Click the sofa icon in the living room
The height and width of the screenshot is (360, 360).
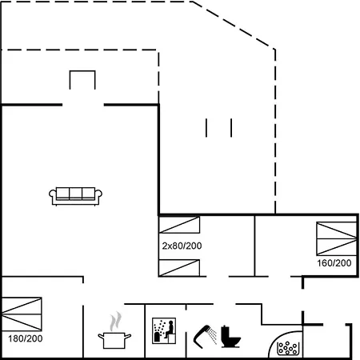click(x=75, y=196)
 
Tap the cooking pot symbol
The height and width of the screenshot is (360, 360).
click(x=114, y=340)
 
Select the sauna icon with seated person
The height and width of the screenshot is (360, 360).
click(x=164, y=330)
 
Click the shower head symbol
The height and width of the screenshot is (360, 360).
click(x=202, y=337)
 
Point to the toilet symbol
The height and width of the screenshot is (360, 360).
click(x=230, y=337)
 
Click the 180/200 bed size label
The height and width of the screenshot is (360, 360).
click(x=26, y=338)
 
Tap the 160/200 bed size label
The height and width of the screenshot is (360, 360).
click(x=334, y=263)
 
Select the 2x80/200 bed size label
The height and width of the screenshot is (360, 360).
click(x=182, y=246)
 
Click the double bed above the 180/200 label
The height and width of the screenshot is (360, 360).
click(x=22, y=314)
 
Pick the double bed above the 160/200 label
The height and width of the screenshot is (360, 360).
click(x=337, y=238)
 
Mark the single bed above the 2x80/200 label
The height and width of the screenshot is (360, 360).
click(x=179, y=225)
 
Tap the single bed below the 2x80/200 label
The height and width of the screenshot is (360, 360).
click(x=179, y=267)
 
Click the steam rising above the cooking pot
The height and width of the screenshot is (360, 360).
click(x=115, y=322)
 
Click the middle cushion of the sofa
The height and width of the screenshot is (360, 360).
click(x=75, y=194)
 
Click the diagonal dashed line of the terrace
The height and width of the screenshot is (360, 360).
click(x=233, y=25)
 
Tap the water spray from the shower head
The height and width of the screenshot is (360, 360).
click(x=213, y=336)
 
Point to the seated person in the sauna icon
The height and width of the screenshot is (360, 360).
click(x=169, y=330)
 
